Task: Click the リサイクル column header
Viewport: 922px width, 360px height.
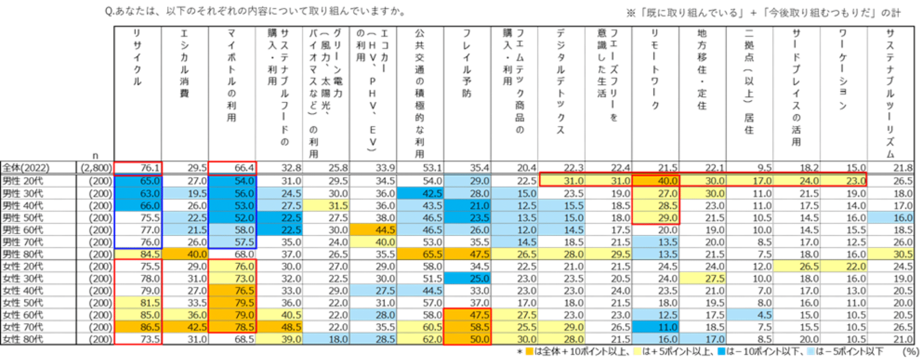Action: (x=137, y=58)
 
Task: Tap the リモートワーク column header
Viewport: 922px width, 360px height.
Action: (x=655, y=70)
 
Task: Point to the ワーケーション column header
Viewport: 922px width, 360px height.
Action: (x=843, y=70)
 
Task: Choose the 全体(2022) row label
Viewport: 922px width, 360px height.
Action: (x=26, y=168)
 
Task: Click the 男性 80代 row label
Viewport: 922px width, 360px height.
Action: (x=23, y=254)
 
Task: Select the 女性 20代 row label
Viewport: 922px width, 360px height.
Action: (x=23, y=266)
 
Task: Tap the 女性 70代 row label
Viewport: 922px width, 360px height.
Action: (x=23, y=327)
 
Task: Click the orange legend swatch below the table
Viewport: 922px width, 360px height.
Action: (x=529, y=352)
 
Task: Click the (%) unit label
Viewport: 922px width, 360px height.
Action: (x=908, y=352)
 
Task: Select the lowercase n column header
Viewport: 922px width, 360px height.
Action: (x=95, y=156)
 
